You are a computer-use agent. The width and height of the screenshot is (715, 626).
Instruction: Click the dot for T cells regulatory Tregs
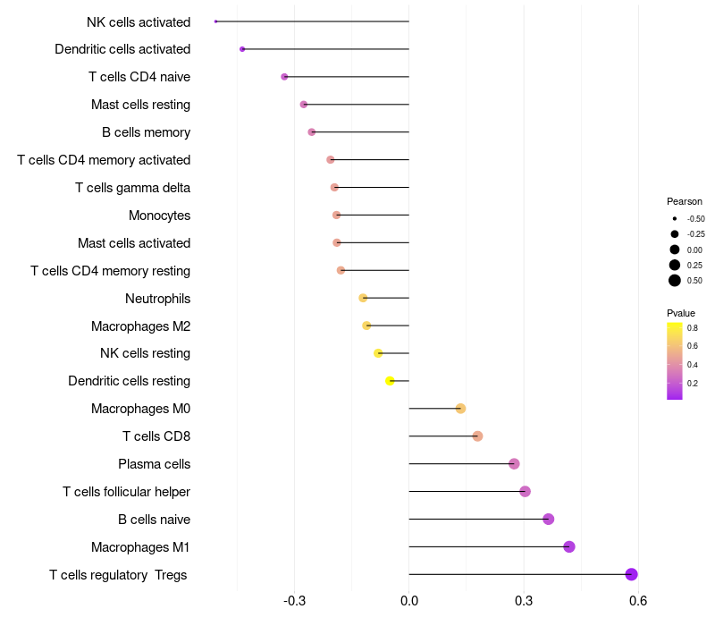[x=632, y=574]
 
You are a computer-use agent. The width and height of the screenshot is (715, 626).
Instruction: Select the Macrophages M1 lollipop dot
[x=569, y=546]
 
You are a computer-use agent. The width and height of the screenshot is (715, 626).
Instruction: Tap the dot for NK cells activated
[x=216, y=21]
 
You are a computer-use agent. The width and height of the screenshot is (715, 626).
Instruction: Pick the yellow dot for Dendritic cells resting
[x=390, y=381]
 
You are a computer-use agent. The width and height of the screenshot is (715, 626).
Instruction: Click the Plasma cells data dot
[x=514, y=463]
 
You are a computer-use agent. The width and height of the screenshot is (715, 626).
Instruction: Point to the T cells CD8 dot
[x=477, y=436]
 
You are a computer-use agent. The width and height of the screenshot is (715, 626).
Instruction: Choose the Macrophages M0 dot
[x=460, y=409]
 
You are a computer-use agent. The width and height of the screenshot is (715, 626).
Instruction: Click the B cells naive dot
[x=549, y=519]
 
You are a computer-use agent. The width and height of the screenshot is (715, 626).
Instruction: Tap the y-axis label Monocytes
[x=159, y=216]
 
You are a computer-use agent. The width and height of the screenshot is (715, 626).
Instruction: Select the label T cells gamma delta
[x=132, y=188]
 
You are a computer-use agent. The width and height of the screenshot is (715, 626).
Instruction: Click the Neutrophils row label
[x=157, y=299]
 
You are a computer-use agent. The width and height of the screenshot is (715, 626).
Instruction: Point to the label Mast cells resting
[x=140, y=105]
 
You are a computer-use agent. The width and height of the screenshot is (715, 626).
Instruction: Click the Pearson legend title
[x=685, y=201]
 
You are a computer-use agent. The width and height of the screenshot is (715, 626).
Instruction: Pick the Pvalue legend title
[x=681, y=313]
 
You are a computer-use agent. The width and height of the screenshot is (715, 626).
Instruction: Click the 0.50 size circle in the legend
[x=675, y=281]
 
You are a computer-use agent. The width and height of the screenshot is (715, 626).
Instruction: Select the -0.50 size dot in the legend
[x=675, y=218]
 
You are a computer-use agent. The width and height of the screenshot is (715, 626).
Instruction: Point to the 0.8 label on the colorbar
[x=693, y=328]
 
